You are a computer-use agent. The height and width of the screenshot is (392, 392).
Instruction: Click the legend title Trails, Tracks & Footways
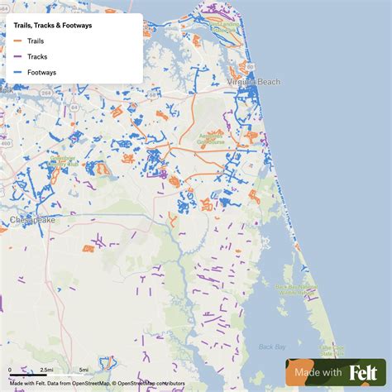pos(52,26)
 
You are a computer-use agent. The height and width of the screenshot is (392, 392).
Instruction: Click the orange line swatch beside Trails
pos(18,41)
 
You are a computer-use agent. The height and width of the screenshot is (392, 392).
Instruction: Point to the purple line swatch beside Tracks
pos(18,57)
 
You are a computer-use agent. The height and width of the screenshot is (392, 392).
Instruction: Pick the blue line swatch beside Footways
pos(18,73)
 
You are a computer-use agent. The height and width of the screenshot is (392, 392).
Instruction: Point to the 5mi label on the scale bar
pos(84,370)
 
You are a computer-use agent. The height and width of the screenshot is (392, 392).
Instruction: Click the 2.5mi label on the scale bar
pos(46,370)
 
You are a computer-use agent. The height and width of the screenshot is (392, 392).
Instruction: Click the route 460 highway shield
pos(6,122)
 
